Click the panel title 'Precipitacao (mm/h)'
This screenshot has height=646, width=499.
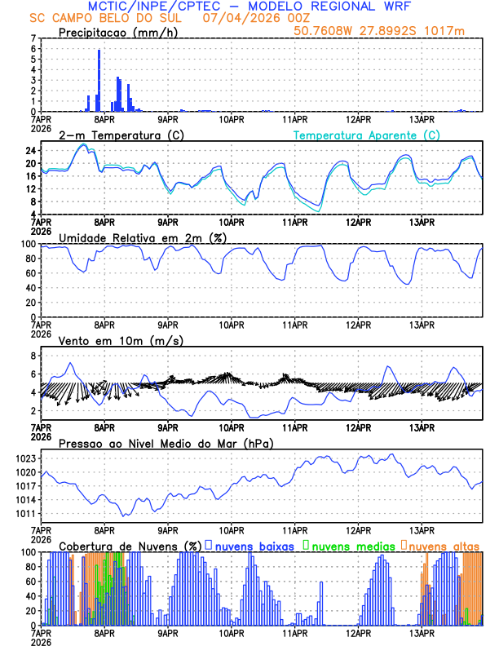[x=118, y=33]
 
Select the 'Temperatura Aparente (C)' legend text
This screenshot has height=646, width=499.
[x=367, y=135]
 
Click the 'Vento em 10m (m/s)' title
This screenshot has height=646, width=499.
[x=109, y=340]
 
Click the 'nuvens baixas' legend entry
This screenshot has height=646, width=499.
[x=253, y=546]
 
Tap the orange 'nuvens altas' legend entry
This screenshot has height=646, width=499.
[x=444, y=546]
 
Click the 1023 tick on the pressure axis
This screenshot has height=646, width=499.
[x=25, y=458]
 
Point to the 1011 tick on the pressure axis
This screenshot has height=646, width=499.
[x=25, y=514]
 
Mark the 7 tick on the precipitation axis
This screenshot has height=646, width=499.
[x=33, y=38]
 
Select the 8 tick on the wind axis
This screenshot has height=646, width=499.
[x=33, y=356]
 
